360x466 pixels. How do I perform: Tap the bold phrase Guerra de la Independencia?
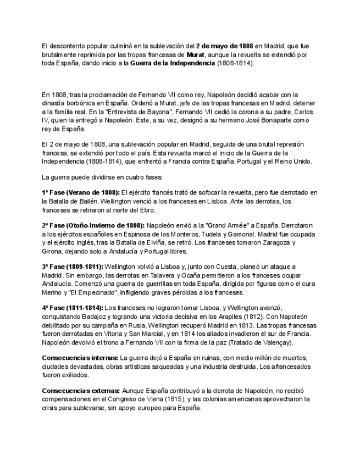point(173,64)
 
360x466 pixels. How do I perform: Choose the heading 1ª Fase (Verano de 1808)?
point(81,192)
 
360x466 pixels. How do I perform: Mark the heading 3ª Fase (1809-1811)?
point(72,267)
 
